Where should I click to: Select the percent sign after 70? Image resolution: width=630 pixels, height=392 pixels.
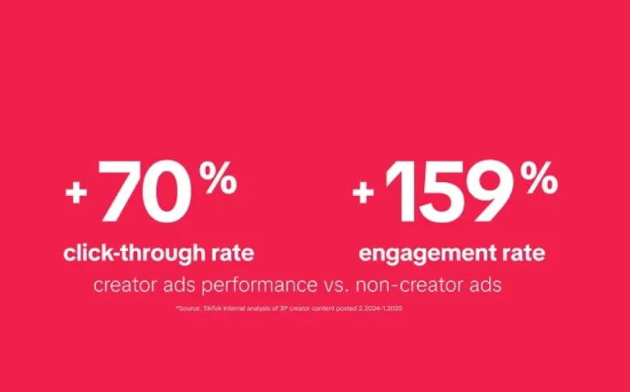[218, 179]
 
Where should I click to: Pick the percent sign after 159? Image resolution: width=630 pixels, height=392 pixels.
[539, 180]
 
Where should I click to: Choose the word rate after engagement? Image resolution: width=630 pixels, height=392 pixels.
[523, 253]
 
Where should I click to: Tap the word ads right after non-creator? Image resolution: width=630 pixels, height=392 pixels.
[483, 287]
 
